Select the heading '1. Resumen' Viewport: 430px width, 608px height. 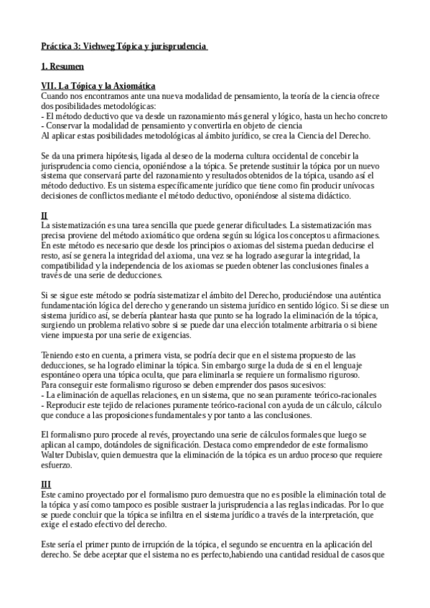coord(62,67)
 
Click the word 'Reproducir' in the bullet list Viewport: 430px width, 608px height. coord(68,404)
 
